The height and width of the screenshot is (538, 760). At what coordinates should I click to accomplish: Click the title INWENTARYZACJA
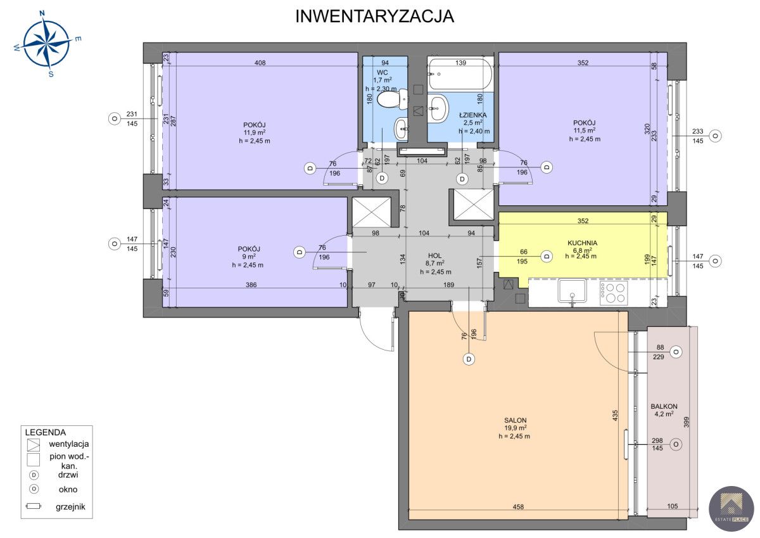pyautogui.click(x=374, y=16)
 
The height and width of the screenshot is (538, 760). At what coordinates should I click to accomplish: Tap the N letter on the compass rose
pyautogui.click(x=42, y=13)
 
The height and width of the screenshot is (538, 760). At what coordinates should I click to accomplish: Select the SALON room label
pyautogui.click(x=516, y=421)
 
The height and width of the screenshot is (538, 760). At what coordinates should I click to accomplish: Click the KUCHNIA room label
pyautogui.click(x=582, y=243)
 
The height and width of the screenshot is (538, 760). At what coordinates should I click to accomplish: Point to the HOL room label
pyautogui.click(x=435, y=255)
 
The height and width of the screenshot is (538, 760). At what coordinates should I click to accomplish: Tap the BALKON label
pyautogui.click(x=664, y=406)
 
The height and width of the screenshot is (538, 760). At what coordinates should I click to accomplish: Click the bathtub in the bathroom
pyautogui.click(x=460, y=74)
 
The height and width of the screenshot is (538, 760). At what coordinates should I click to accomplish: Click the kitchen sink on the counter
pyautogui.click(x=573, y=291)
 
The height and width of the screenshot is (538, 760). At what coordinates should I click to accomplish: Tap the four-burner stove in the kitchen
pyautogui.click(x=614, y=293)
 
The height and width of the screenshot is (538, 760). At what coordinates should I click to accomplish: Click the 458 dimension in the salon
pyautogui.click(x=518, y=507)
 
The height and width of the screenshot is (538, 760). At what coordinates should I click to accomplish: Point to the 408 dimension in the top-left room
pyautogui.click(x=260, y=63)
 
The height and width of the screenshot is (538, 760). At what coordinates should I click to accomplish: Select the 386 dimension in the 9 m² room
pyautogui.click(x=251, y=285)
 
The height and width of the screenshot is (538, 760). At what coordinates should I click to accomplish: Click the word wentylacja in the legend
pyautogui.click(x=69, y=444)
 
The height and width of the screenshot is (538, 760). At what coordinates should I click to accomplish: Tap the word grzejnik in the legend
pyautogui.click(x=70, y=507)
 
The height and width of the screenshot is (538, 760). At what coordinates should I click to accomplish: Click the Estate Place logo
pyautogui.click(x=731, y=509)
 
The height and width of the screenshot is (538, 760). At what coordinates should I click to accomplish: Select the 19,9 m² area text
pyautogui.click(x=516, y=428)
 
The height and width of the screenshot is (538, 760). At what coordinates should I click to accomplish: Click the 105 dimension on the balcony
pyautogui.click(x=672, y=506)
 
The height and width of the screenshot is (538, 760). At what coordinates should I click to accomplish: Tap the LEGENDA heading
pyautogui.click(x=46, y=432)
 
